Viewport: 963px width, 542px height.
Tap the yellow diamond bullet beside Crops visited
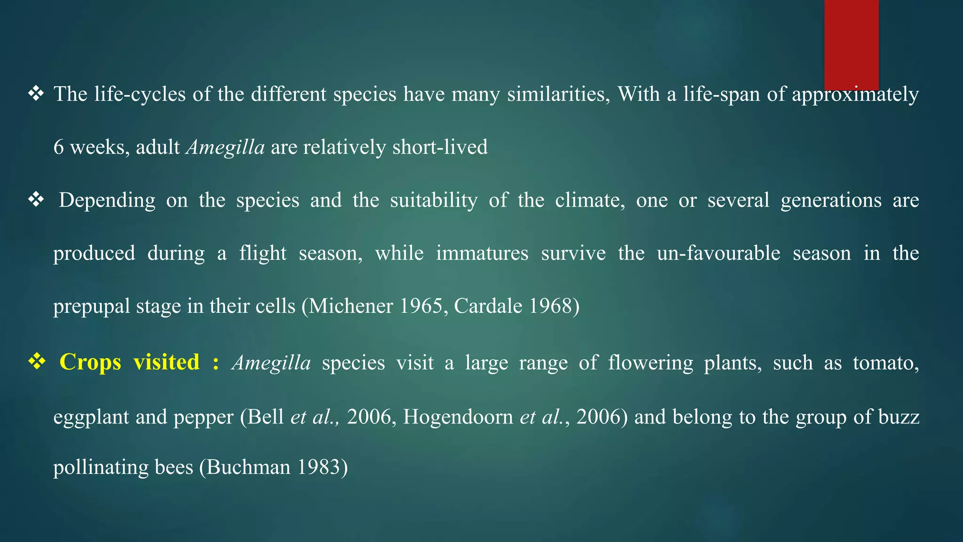(x=36, y=362)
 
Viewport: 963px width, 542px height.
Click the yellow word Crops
(x=90, y=363)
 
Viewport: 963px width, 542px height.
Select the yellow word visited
(x=166, y=363)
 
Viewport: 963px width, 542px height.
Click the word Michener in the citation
(x=351, y=306)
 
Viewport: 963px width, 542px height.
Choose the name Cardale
(x=488, y=306)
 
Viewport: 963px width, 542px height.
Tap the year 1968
(x=549, y=306)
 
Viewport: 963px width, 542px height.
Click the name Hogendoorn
(x=458, y=417)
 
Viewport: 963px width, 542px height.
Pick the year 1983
(x=317, y=467)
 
